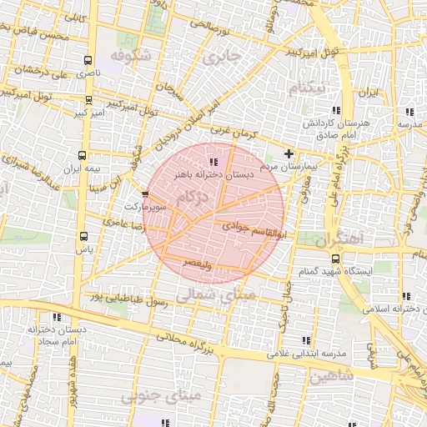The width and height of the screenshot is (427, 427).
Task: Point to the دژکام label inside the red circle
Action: coord(193,197)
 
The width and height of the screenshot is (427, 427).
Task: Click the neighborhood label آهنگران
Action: coord(341,239)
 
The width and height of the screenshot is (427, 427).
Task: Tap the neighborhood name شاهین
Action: coord(331,376)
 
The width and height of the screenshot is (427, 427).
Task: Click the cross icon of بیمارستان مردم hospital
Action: coord(289,153)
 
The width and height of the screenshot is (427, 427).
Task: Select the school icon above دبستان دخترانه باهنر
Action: coord(213,161)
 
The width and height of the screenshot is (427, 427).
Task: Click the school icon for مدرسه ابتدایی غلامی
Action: coord(304,340)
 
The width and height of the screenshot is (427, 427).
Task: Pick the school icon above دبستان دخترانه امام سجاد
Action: coord(57,317)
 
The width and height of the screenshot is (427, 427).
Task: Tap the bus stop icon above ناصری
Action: coord(88,60)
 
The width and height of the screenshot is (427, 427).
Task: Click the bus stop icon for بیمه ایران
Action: coord(82,155)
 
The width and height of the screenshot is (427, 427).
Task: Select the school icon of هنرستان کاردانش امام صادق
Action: coord(336,110)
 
